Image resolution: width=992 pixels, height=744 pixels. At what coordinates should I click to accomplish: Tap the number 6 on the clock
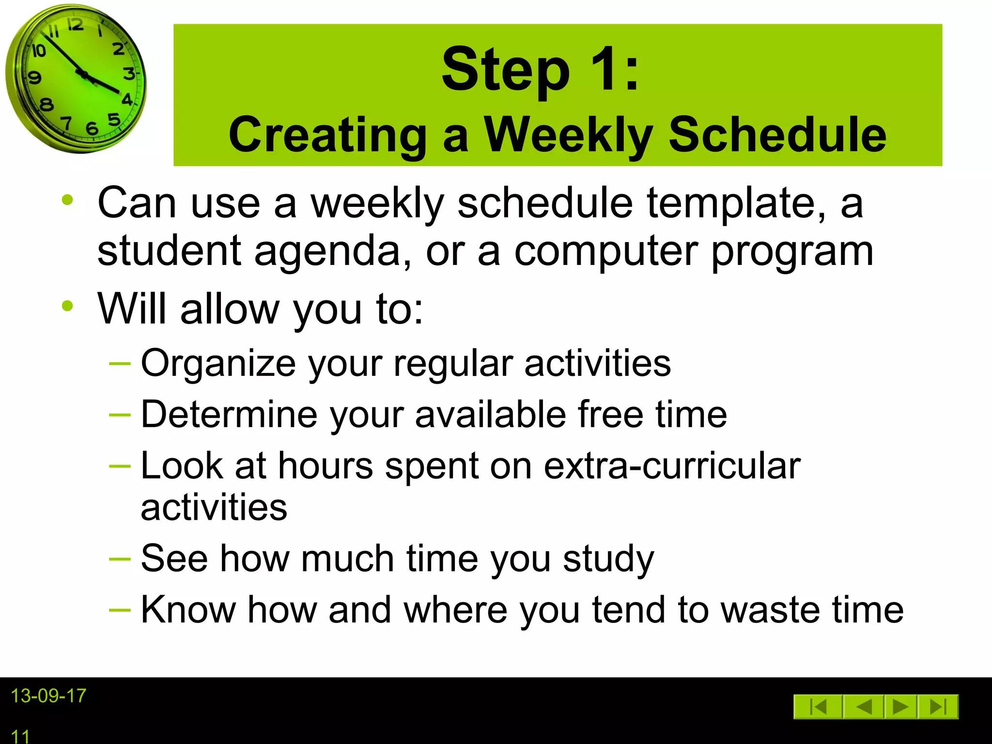point(92,128)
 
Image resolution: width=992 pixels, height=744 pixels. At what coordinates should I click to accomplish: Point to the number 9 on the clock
point(34,77)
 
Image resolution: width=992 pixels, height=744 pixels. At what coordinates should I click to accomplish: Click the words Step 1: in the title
point(540,69)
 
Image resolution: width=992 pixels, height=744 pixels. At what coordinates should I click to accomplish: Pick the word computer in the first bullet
point(606,252)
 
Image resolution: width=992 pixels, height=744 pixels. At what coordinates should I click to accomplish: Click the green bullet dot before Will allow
point(67,306)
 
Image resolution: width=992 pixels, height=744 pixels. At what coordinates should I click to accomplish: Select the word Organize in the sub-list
point(218,363)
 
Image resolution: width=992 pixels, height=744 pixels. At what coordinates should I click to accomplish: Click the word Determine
point(228,414)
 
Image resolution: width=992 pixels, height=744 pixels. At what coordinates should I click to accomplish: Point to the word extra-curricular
point(672,465)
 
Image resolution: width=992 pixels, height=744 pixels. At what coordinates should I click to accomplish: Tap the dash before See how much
point(120,559)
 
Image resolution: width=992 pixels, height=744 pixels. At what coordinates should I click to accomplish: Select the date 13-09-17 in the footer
point(48,696)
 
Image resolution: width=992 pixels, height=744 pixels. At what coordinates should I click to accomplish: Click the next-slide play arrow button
point(900,707)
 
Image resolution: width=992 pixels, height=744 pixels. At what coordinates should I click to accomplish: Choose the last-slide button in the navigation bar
point(938,707)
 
